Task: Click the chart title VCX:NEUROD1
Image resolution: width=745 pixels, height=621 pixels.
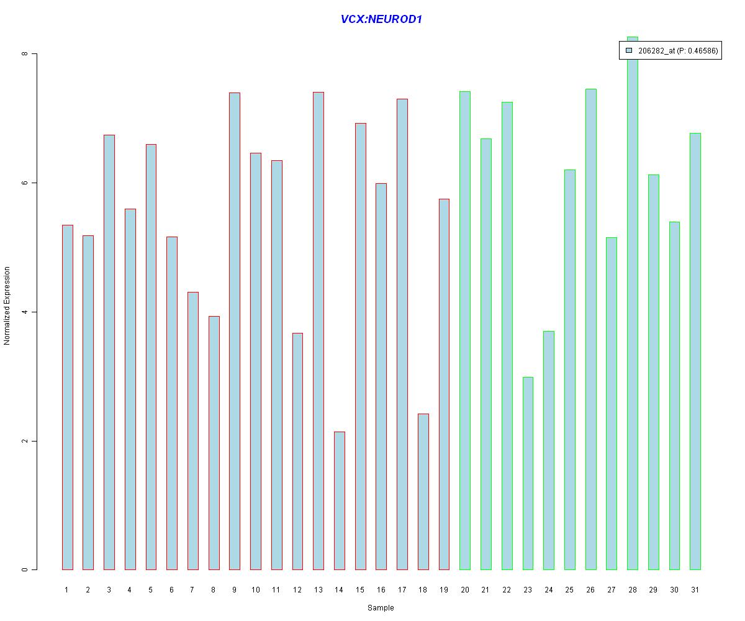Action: pos(381,19)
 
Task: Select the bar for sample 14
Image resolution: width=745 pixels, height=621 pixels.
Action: pos(339,501)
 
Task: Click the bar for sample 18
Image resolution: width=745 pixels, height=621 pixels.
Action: pos(423,492)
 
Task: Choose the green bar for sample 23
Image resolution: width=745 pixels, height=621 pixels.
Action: pos(528,473)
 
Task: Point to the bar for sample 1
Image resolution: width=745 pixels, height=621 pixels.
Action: pos(67,397)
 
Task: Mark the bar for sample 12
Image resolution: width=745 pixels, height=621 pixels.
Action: pos(297,451)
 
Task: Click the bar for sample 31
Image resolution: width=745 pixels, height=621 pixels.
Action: pos(695,351)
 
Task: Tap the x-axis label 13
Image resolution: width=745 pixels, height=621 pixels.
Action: pos(318,590)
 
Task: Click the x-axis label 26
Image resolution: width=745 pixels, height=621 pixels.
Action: pos(590,590)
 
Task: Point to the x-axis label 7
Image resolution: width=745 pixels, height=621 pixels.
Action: pos(192,590)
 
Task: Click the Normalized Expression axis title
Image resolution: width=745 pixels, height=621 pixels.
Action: pos(7,306)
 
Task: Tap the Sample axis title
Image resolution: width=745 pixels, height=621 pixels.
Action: pos(381,608)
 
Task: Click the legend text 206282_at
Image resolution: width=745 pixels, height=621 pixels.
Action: pos(656,51)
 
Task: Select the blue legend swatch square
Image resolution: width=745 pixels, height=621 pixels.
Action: pos(629,50)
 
